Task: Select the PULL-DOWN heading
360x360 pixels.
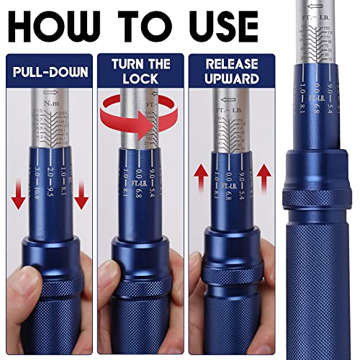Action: click(48, 73)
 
